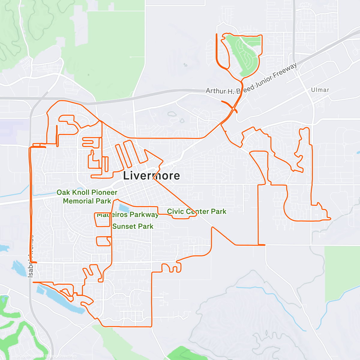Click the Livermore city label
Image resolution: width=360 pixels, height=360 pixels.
[x=151, y=175]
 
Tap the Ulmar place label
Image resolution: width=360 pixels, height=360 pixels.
[x=320, y=90]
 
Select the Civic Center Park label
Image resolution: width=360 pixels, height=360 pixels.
[x=196, y=211]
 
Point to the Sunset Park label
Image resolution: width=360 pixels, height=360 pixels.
[x=133, y=226]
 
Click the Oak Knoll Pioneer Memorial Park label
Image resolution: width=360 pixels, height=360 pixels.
[x=87, y=196]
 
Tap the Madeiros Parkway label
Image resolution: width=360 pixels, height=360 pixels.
[x=127, y=214]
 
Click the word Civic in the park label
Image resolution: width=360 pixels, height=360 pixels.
[x=175, y=211]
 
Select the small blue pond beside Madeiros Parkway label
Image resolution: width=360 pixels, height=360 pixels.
[x=124, y=208]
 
